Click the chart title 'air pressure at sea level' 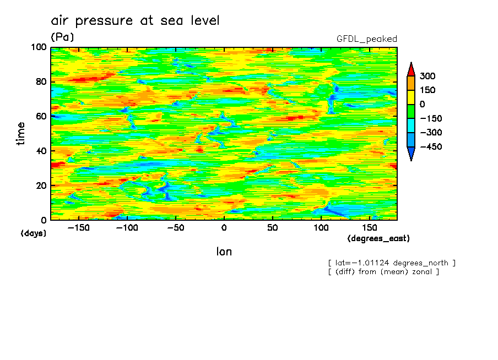pos(135,21)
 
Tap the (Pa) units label pos(62,37)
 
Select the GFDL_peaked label pos(366,39)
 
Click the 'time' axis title pos(21,133)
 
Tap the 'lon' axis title pos(224,252)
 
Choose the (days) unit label pos(34,233)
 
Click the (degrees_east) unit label pos(378,239)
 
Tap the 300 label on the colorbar pos(427,76)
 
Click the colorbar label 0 pos(421,105)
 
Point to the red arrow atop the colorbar pos(410,69)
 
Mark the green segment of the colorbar pos(410,111)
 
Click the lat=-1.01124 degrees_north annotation pos(391,263)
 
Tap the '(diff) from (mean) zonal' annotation pos(383,271)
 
